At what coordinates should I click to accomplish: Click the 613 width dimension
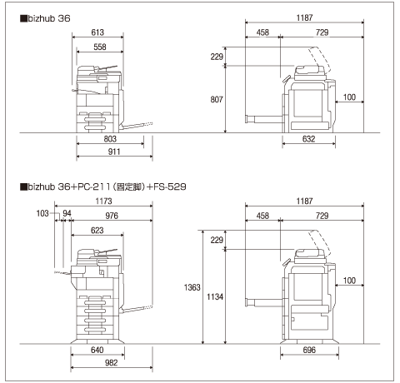click(97, 32)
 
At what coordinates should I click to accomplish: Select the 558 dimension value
click(100, 47)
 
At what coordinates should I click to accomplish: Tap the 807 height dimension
click(217, 99)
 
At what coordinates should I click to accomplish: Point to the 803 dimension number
click(110, 139)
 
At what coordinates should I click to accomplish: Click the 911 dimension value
click(114, 152)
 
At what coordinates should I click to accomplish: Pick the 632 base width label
click(308, 139)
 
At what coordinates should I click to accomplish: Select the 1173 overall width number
click(103, 201)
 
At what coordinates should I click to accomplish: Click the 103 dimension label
click(42, 213)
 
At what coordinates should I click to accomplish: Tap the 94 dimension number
click(67, 213)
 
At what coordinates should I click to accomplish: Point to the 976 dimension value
click(112, 216)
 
